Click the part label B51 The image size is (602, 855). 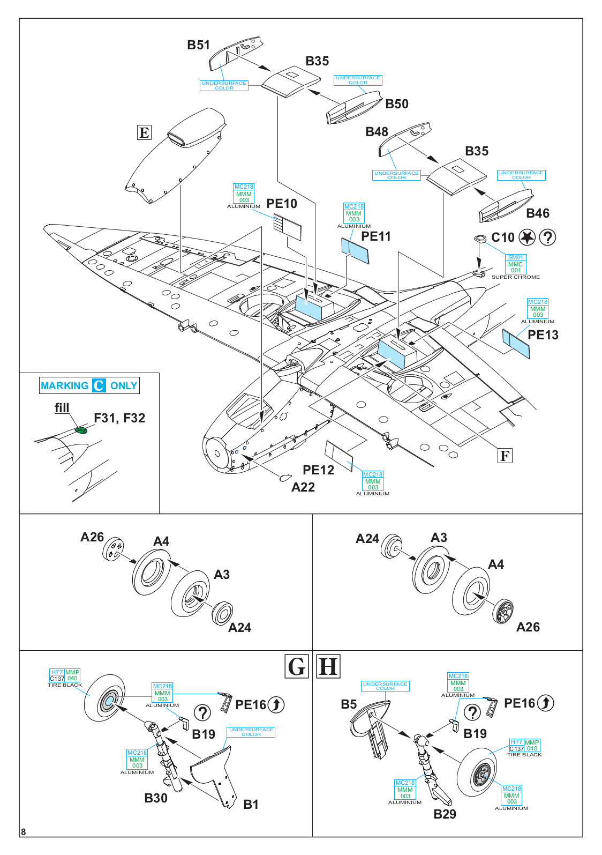tap(198, 45)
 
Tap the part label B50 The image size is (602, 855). tap(397, 104)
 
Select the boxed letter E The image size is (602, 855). tap(144, 132)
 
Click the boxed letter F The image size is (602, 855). tap(505, 456)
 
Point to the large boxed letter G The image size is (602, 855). tap(297, 666)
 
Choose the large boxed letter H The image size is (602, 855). tap(328, 666)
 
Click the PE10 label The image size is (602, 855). tap(282, 204)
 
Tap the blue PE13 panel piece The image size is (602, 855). tap(516, 344)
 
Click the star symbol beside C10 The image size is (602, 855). tap(527, 237)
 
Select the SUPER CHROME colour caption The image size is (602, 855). tap(515, 277)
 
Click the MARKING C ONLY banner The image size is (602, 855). tap(89, 385)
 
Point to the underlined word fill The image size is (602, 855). tap(62, 408)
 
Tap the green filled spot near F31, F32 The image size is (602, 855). tap(81, 429)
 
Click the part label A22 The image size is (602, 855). tap(303, 487)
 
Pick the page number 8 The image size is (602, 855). tap(23, 832)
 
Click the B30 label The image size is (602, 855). tap(156, 798)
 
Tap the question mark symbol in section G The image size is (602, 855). tap(202, 713)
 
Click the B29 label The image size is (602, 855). tap(445, 814)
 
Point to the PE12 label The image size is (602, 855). tap(318, 470)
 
